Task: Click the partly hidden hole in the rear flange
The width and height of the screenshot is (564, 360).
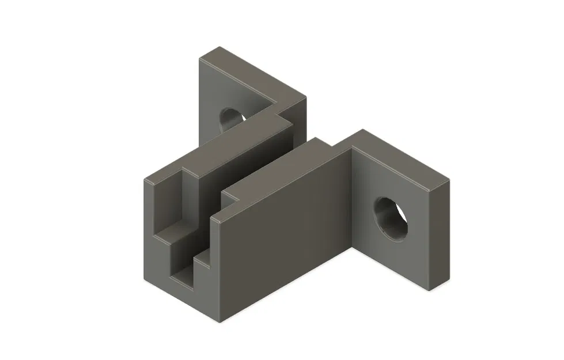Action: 230,118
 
